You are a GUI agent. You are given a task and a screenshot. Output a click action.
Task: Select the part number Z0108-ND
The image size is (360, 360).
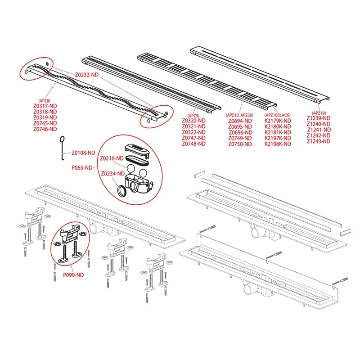pyautogui.click(x=84, y=153)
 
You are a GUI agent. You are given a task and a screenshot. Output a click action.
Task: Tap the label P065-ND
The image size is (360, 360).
pyautogui.click(x=82, y=167)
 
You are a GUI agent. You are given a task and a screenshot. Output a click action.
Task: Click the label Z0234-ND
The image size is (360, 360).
pyautogui.click(x=112, y=174)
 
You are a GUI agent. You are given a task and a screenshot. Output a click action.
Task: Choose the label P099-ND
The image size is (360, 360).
pyautogui.click(x=72, y=274)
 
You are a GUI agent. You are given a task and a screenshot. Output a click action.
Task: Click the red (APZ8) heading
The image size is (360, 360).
pyautogui.click(x=45, y=101)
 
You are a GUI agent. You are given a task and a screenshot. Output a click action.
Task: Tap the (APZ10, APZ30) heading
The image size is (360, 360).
pyautogui.click(x=241, y=115)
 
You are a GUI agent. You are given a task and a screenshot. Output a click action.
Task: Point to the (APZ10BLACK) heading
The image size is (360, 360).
pyautogui.click(x=278, y=115)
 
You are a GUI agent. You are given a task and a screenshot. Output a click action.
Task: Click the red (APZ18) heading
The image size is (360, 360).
pyautogui.click(x=319, y=113)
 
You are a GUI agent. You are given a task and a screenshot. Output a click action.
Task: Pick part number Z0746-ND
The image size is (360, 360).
pyautogui.click(x=45, y=129)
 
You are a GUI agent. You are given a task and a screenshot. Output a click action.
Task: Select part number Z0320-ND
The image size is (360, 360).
pyautogui.click(x=193, y=121)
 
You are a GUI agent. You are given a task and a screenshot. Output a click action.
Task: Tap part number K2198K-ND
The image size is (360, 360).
pyautogui.click(x=278, y=144)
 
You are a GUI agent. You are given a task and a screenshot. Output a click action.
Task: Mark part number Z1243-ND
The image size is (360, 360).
pyautogui.click(x=319, y=141)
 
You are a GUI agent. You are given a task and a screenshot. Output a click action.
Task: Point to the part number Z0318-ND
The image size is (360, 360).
pyautogui.click(x=45, y=112)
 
